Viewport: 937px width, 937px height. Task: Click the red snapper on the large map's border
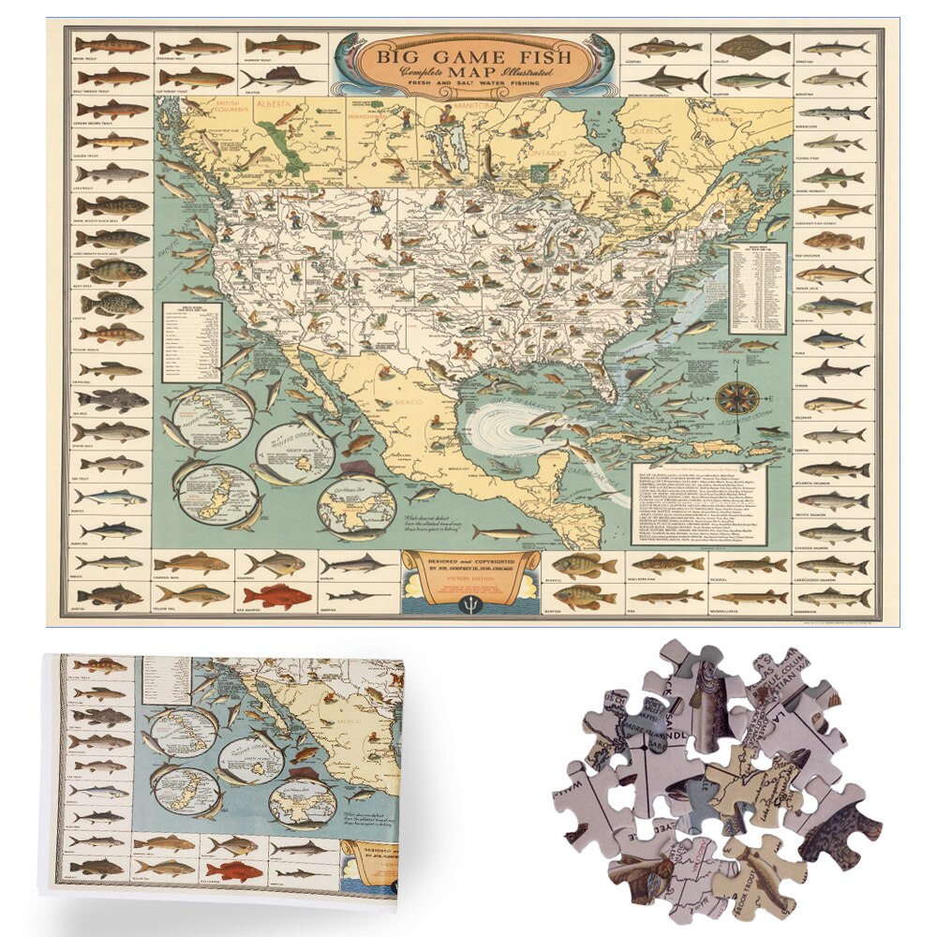(x=276, y=596)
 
